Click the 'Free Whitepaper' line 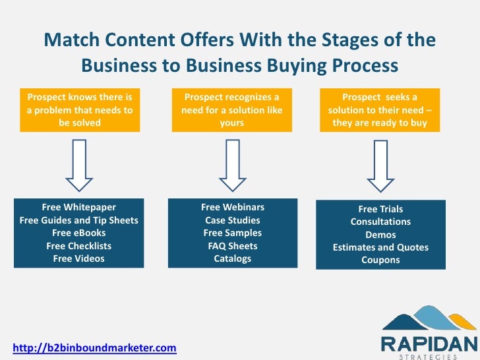click(x=79, y=207)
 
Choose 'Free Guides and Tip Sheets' click(x=79, y=220)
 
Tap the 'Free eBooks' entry click(x=79, y=233)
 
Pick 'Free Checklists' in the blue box click(x=79, y=246)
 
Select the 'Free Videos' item click(x=79, y=258)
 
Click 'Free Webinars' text click(x=233, y=207)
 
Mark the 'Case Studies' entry click(x=233, y=220)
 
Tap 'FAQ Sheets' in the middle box click(x=233, y=246)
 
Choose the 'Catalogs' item click(x=233, y=258)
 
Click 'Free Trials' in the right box click(x=380, y=209)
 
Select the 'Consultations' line click(x=380, y=222)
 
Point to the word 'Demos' click(x=380, y=235)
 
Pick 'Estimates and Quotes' click(x=380, y=247)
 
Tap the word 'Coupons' click(x=380, y=260)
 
